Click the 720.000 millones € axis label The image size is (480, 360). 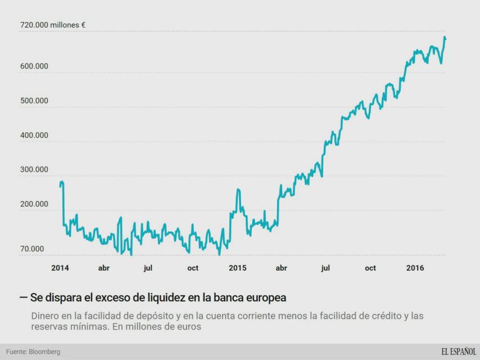[52, 25]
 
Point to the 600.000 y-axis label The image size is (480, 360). [34, 66]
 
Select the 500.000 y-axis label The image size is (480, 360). [34, 101]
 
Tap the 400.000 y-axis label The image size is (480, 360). [34, 136]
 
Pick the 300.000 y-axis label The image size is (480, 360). [34, 170]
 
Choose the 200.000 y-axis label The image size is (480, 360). [34, 205]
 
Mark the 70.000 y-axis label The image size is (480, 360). [32, 249]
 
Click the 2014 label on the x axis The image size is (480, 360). [60, 268]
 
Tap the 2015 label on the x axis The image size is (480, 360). [237, 268]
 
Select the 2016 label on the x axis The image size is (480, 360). [415, 268]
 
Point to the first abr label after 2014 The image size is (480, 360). [104, 268]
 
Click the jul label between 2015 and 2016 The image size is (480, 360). [325, 268]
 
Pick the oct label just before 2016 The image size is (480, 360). [370, 268]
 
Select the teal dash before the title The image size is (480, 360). [23, 296]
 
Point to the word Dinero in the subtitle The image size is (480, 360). [46, 316]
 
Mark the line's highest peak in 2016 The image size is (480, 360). [445, 37]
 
